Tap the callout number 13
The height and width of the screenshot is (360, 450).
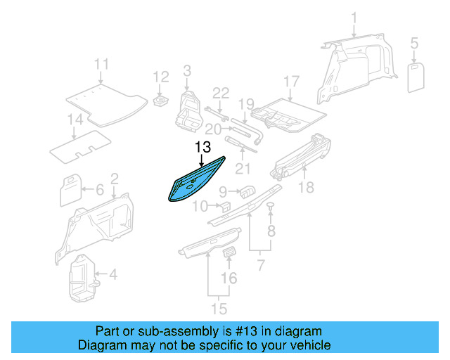coord(202,147)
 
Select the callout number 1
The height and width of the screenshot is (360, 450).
coord(354,17)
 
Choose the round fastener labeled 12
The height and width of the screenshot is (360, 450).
coord(161,101)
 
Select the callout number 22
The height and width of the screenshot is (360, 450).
coord(221,94)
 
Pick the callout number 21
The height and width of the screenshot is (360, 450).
coord(243,169)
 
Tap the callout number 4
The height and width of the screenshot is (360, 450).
coord(113,274)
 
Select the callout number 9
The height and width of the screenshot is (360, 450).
coord(224,191)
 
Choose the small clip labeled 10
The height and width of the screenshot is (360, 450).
coord(225,206)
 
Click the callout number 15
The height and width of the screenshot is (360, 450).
coord(220,308)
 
